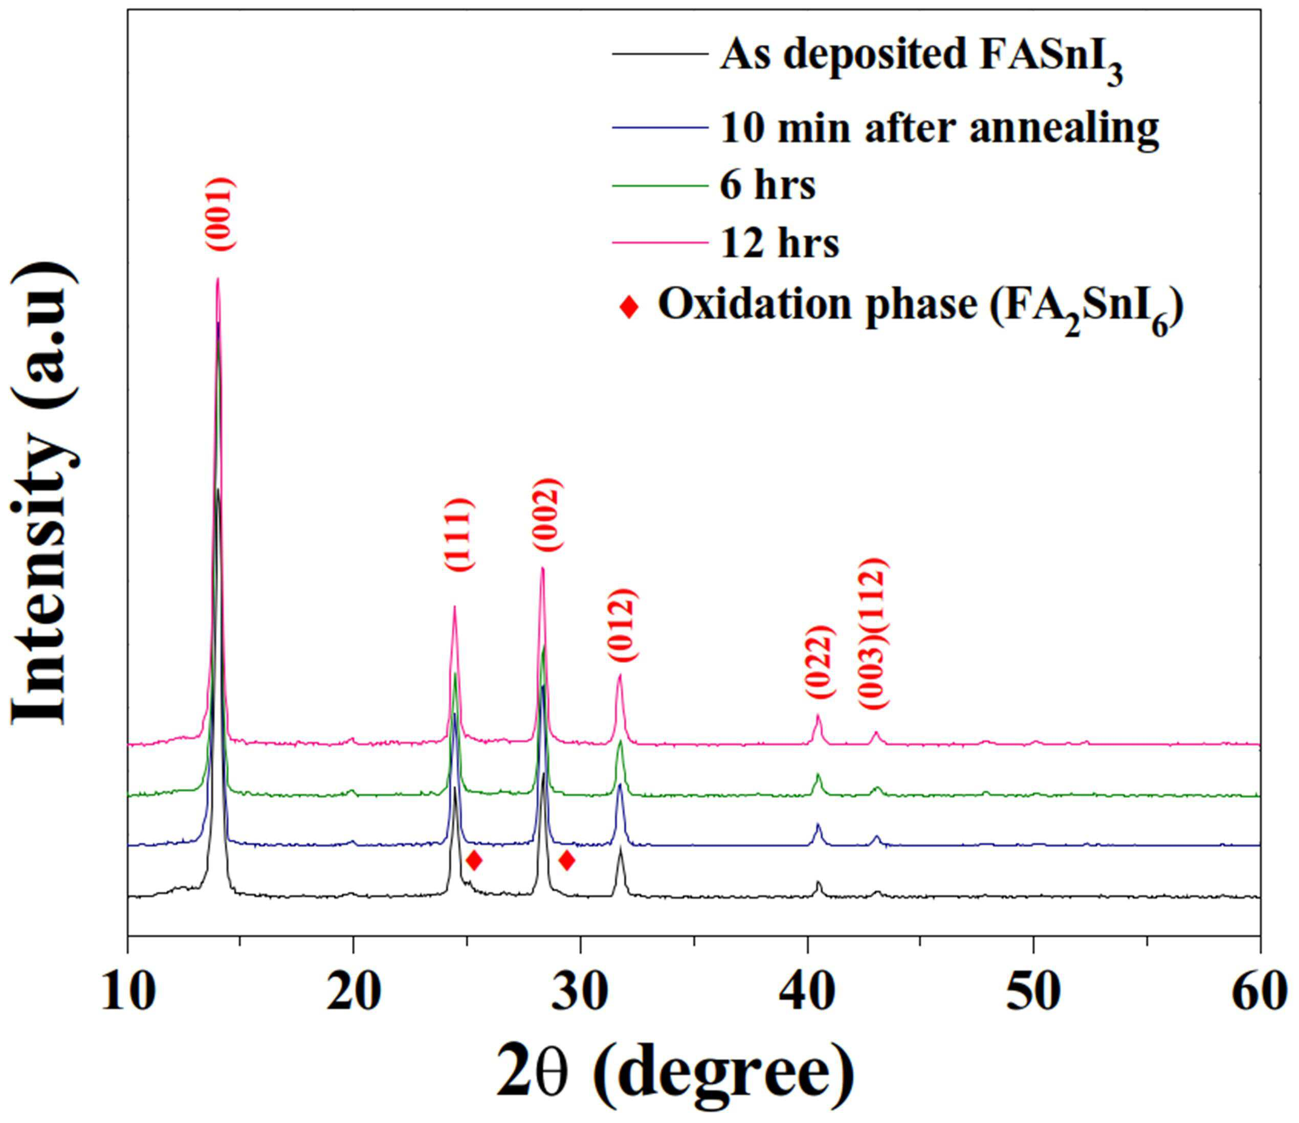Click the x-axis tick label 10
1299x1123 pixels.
127,992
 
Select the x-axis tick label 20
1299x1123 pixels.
354,992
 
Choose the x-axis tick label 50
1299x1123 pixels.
1033,992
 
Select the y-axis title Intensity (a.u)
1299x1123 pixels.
45,495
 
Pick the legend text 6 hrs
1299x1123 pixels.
767,186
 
